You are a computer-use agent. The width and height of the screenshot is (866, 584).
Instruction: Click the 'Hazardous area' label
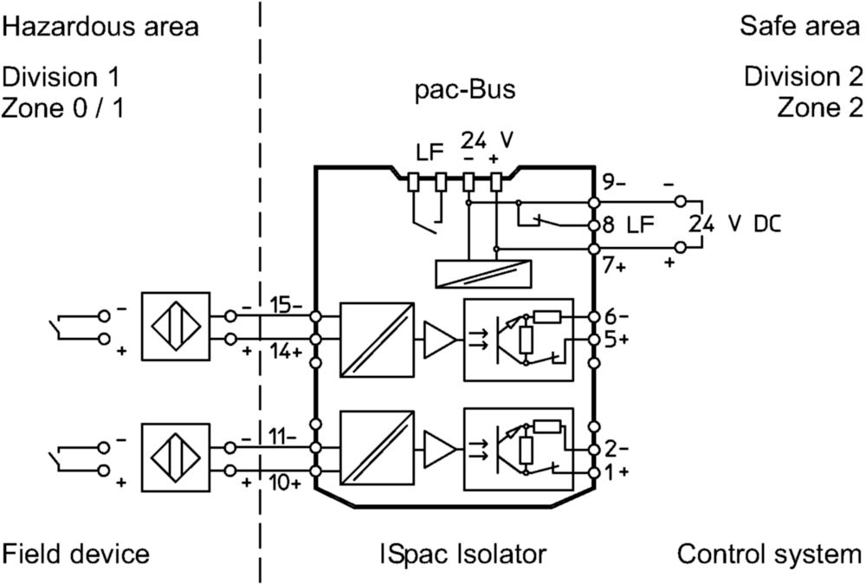pyautogui.click(x=100, y=27)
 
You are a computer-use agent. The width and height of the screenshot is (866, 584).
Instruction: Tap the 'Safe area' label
pyautogui.click(x=800, y=26)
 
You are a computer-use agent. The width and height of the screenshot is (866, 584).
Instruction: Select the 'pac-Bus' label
pyautogui.click(x=465, y=89)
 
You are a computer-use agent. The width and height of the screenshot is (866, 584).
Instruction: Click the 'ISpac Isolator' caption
pyautogui.click(x=462, y=554)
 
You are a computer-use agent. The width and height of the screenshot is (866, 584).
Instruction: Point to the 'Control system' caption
pyautogui.click(x=769, y=554)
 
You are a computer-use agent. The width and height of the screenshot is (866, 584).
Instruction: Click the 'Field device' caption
pyautogui.click(x=75, y=554)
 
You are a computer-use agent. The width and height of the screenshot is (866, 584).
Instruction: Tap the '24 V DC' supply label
pyautogui.click(x=735, y=224)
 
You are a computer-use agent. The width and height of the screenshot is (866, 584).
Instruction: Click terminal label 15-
pyautogui.click(x=285, y=305)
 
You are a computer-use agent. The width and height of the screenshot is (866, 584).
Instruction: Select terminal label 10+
pyautogui.click(x=285, y=483)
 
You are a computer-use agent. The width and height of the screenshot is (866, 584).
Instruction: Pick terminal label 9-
pyautogui.click(x=613, y=182)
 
